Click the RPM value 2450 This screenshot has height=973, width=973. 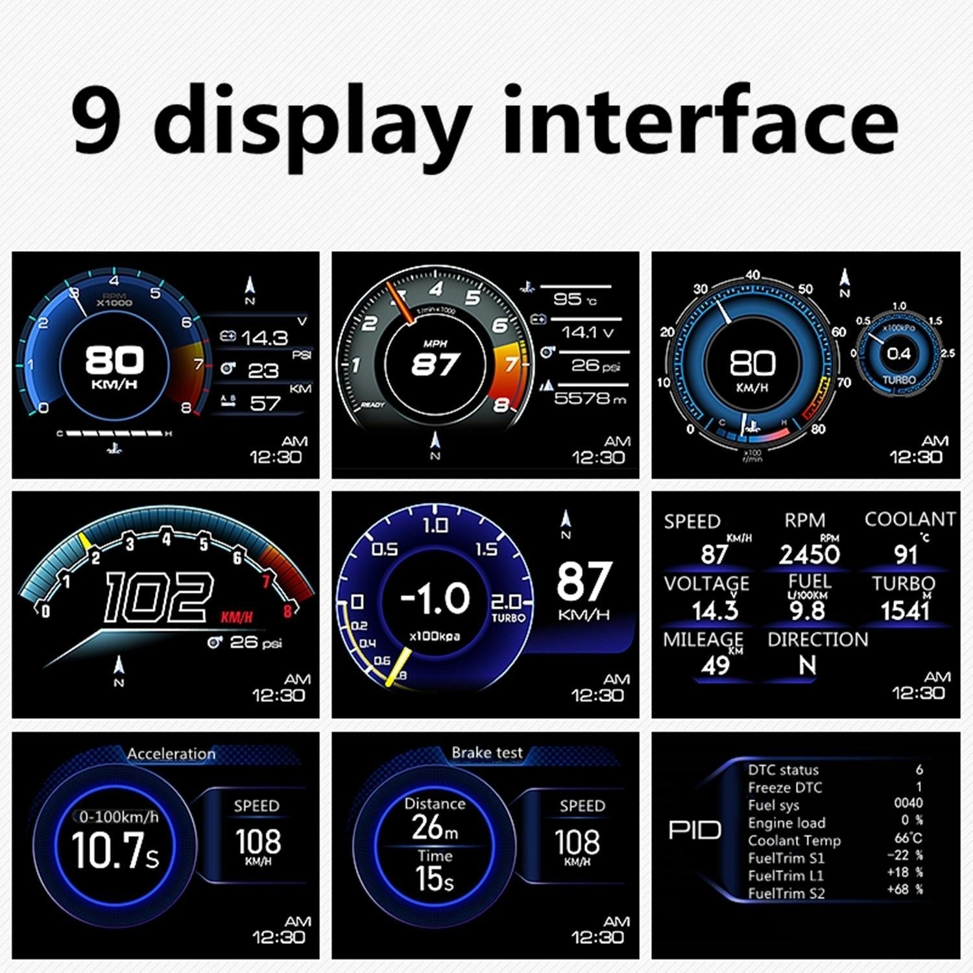tap(809, 555)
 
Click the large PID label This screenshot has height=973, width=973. tap(695, 830)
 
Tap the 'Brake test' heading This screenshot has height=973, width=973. tap(486, 752)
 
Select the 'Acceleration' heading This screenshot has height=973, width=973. tap(171, 754)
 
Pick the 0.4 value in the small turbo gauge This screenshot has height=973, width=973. tap(898, 354)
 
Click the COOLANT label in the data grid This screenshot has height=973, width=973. tap(909, 519)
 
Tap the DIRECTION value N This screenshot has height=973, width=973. tap(807, 666)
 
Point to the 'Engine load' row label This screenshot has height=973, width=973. tap(786, 823)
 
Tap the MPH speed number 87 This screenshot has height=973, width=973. tap(435, 365)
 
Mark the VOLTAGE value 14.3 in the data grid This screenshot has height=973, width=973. tap(715, 611)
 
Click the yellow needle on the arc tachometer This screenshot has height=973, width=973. tap(84, 541)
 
